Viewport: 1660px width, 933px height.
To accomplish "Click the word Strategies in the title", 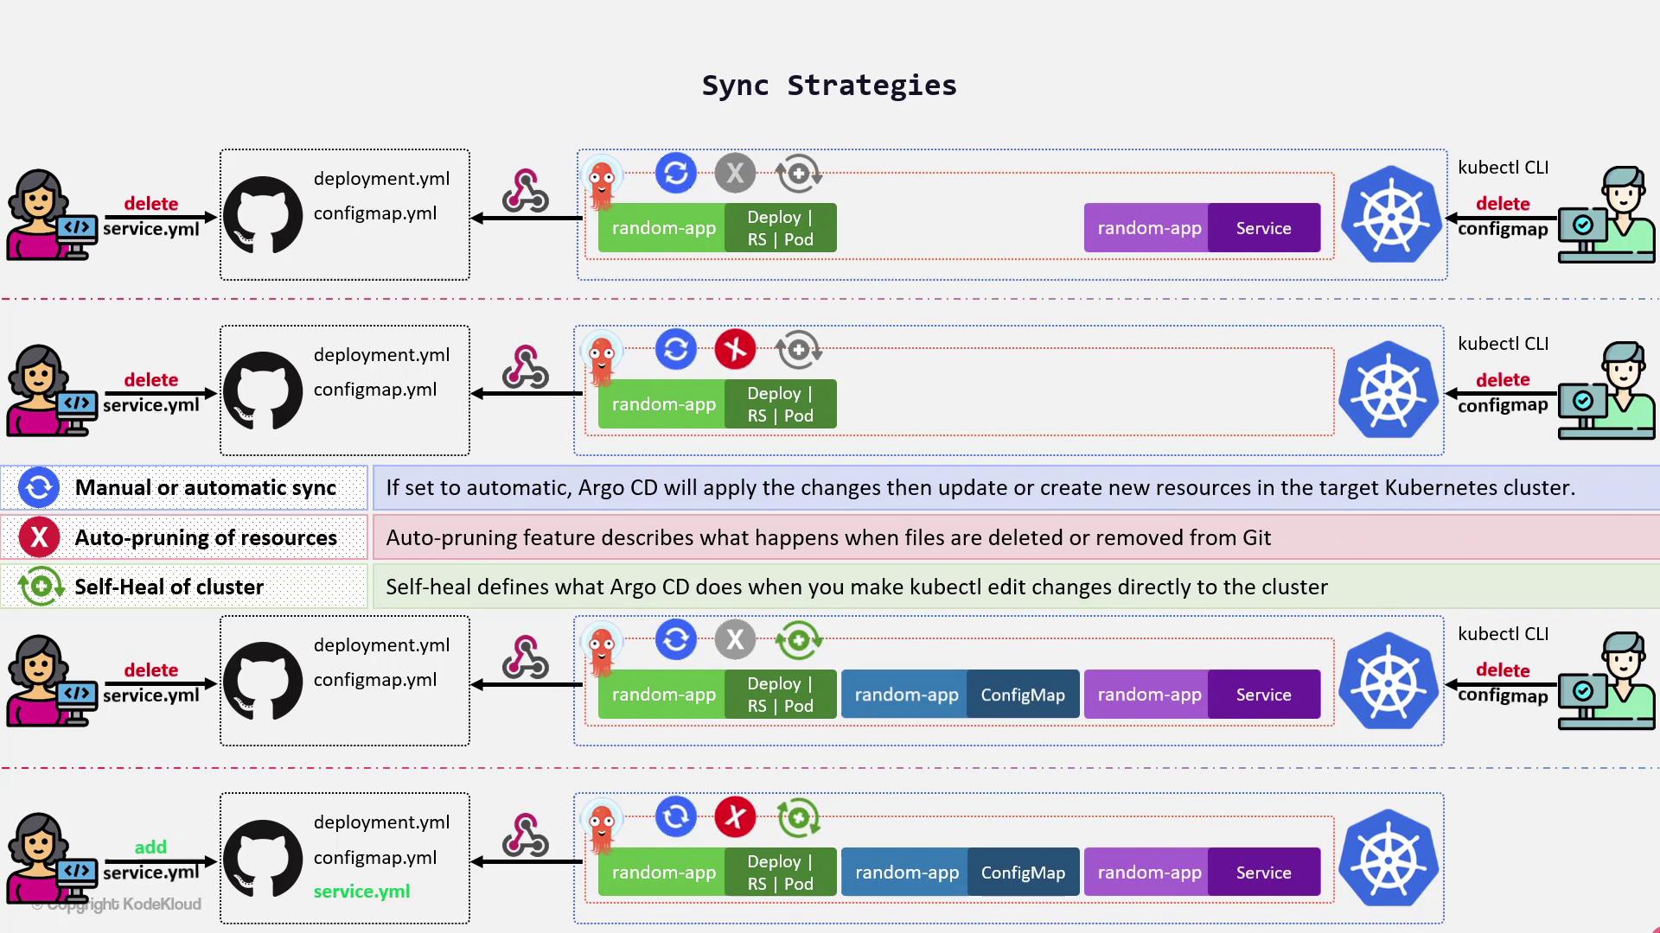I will tap(871, 86).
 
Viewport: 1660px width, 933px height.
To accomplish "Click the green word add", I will tap(150, 847).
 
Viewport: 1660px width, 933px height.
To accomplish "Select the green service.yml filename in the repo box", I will tap(361, 891).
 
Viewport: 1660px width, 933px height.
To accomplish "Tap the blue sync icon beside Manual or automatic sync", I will tap(39, 487).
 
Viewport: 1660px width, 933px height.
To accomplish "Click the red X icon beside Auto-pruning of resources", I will tap(39, 537).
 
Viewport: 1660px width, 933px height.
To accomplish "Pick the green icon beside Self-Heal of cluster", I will tap(41, 587).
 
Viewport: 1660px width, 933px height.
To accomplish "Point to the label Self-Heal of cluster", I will tap(169, 587).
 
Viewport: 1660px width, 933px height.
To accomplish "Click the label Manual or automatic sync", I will tap(205, 487).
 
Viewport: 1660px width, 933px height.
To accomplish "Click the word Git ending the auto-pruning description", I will tap(1256, 537).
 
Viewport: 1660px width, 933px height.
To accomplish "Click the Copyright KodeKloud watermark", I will tap(124, 904).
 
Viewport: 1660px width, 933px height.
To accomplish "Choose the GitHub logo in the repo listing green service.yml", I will tap(263, 858).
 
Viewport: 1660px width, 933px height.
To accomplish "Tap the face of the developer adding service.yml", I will tap(38, 842).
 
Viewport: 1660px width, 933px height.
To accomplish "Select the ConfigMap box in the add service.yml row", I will tap(1023, 873).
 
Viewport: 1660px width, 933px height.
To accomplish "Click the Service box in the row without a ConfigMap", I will tap(1263, 228).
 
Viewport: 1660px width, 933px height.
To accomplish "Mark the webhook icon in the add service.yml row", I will tap(526, 835).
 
